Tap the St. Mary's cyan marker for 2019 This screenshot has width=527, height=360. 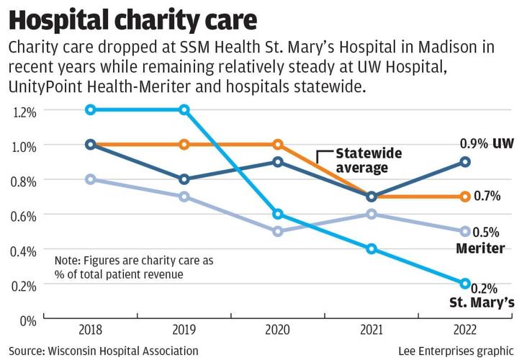[184, 110]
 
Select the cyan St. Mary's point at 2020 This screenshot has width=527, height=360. [278, 215]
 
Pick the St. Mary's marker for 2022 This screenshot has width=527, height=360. [465, 284]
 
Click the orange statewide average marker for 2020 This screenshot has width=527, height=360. [278, 145]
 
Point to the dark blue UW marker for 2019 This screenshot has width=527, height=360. [184, 179]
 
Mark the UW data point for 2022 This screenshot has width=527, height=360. [465, 162]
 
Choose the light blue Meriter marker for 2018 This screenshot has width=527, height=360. [91, 179]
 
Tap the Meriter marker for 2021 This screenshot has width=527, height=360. [371, 214]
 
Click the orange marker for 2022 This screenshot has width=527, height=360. [465, 197]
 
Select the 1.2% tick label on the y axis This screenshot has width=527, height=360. [24, 112]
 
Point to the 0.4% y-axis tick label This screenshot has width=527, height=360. [24, 251]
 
